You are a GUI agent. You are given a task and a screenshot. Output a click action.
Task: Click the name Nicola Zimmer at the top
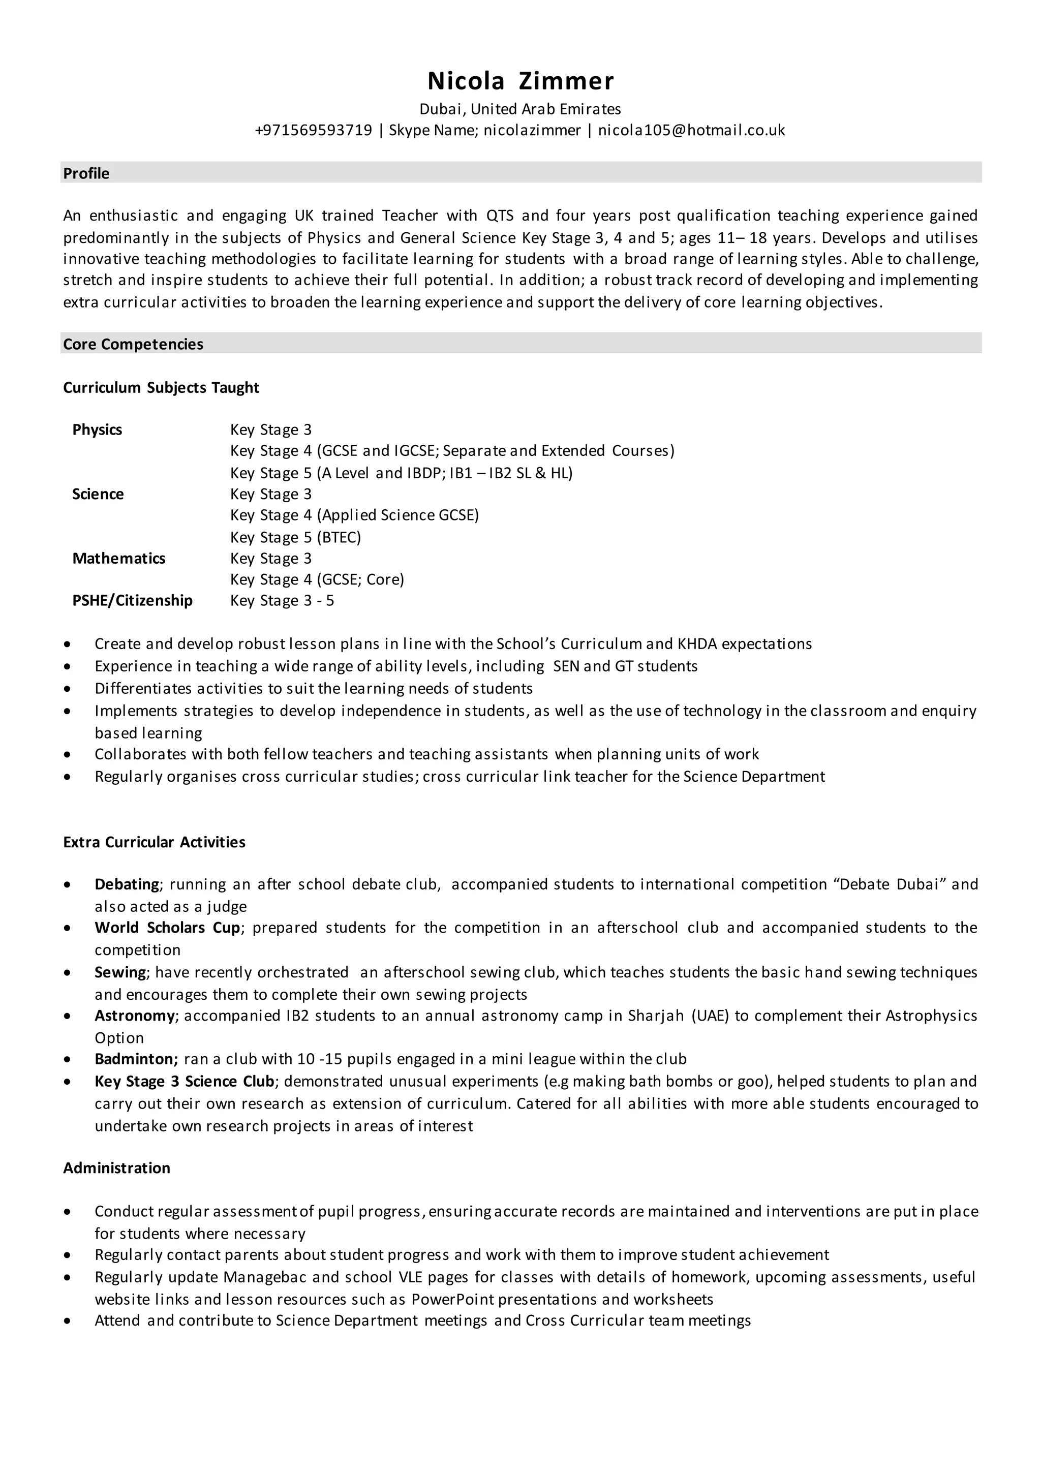tap(520, 81)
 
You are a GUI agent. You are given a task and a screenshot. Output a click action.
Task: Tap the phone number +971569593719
tap(314, 130)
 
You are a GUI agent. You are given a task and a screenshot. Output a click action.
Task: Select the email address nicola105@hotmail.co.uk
tap(691, 130)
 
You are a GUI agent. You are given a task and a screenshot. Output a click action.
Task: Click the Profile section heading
tap(86, 173)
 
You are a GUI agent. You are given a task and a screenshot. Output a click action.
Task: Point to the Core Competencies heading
tap(133, 344)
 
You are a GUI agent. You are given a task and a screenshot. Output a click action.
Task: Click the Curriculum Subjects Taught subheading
tap(161, 388)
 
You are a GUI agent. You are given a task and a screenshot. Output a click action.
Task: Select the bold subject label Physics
tap(97, 429)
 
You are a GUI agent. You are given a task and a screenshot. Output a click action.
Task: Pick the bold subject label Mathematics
tap(119, 559)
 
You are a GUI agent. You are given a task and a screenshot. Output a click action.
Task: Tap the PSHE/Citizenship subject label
tap(132, 600)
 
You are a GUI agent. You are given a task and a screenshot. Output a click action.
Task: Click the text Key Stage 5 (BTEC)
tap(295, 537)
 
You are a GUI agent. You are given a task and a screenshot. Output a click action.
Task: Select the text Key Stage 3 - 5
tap(282, 600)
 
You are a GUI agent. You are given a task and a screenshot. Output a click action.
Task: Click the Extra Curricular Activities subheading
tap(154, 842)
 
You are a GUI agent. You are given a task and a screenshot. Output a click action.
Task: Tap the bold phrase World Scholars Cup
tap(167, 928)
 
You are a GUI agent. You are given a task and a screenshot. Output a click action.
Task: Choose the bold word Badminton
tap(136, 1059)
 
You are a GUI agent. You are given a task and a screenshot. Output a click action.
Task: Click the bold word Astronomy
tap(134, 1016)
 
